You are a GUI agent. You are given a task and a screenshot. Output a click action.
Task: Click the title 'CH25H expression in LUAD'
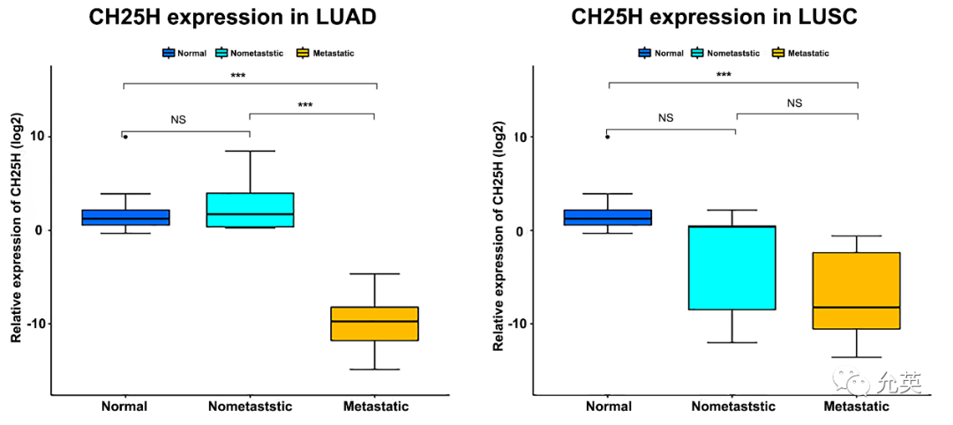(x=233, y=17)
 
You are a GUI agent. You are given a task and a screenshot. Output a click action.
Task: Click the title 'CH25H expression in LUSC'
(x=714, y=17)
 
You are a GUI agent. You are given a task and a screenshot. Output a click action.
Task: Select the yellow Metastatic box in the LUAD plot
(x=375, y=324)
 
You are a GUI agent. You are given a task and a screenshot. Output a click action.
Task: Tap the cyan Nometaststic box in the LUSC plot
(x=732, y=268)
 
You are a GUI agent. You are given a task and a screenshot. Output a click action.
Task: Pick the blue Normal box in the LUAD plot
(x=126, y=218)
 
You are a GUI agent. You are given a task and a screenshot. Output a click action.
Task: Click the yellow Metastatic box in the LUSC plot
(x=856, y=291)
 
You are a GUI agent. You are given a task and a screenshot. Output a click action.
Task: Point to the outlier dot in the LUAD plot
(x=126, y=137)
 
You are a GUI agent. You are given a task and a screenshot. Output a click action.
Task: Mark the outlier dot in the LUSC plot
(x=607, y=137)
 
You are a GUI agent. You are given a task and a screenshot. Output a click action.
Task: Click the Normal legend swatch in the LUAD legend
(x=169, y=53)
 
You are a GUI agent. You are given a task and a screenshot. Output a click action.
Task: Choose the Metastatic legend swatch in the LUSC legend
(x=778, y=53)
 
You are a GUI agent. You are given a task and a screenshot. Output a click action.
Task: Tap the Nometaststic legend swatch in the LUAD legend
(x=221, y=53)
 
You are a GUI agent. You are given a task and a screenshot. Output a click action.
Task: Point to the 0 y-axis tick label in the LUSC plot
(x=520, y=230)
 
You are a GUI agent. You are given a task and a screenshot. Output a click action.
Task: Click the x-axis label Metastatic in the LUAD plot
(x=376, y=406)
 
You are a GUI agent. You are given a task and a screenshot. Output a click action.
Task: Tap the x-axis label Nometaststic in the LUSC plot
(x=733, y=406)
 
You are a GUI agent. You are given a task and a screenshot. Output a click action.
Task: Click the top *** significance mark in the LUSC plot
(x=724, y=75)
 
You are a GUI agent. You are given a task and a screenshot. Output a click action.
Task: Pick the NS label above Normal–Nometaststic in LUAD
(x=178, y=120)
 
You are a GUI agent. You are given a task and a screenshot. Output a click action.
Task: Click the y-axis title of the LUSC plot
(x=498, y=231)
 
